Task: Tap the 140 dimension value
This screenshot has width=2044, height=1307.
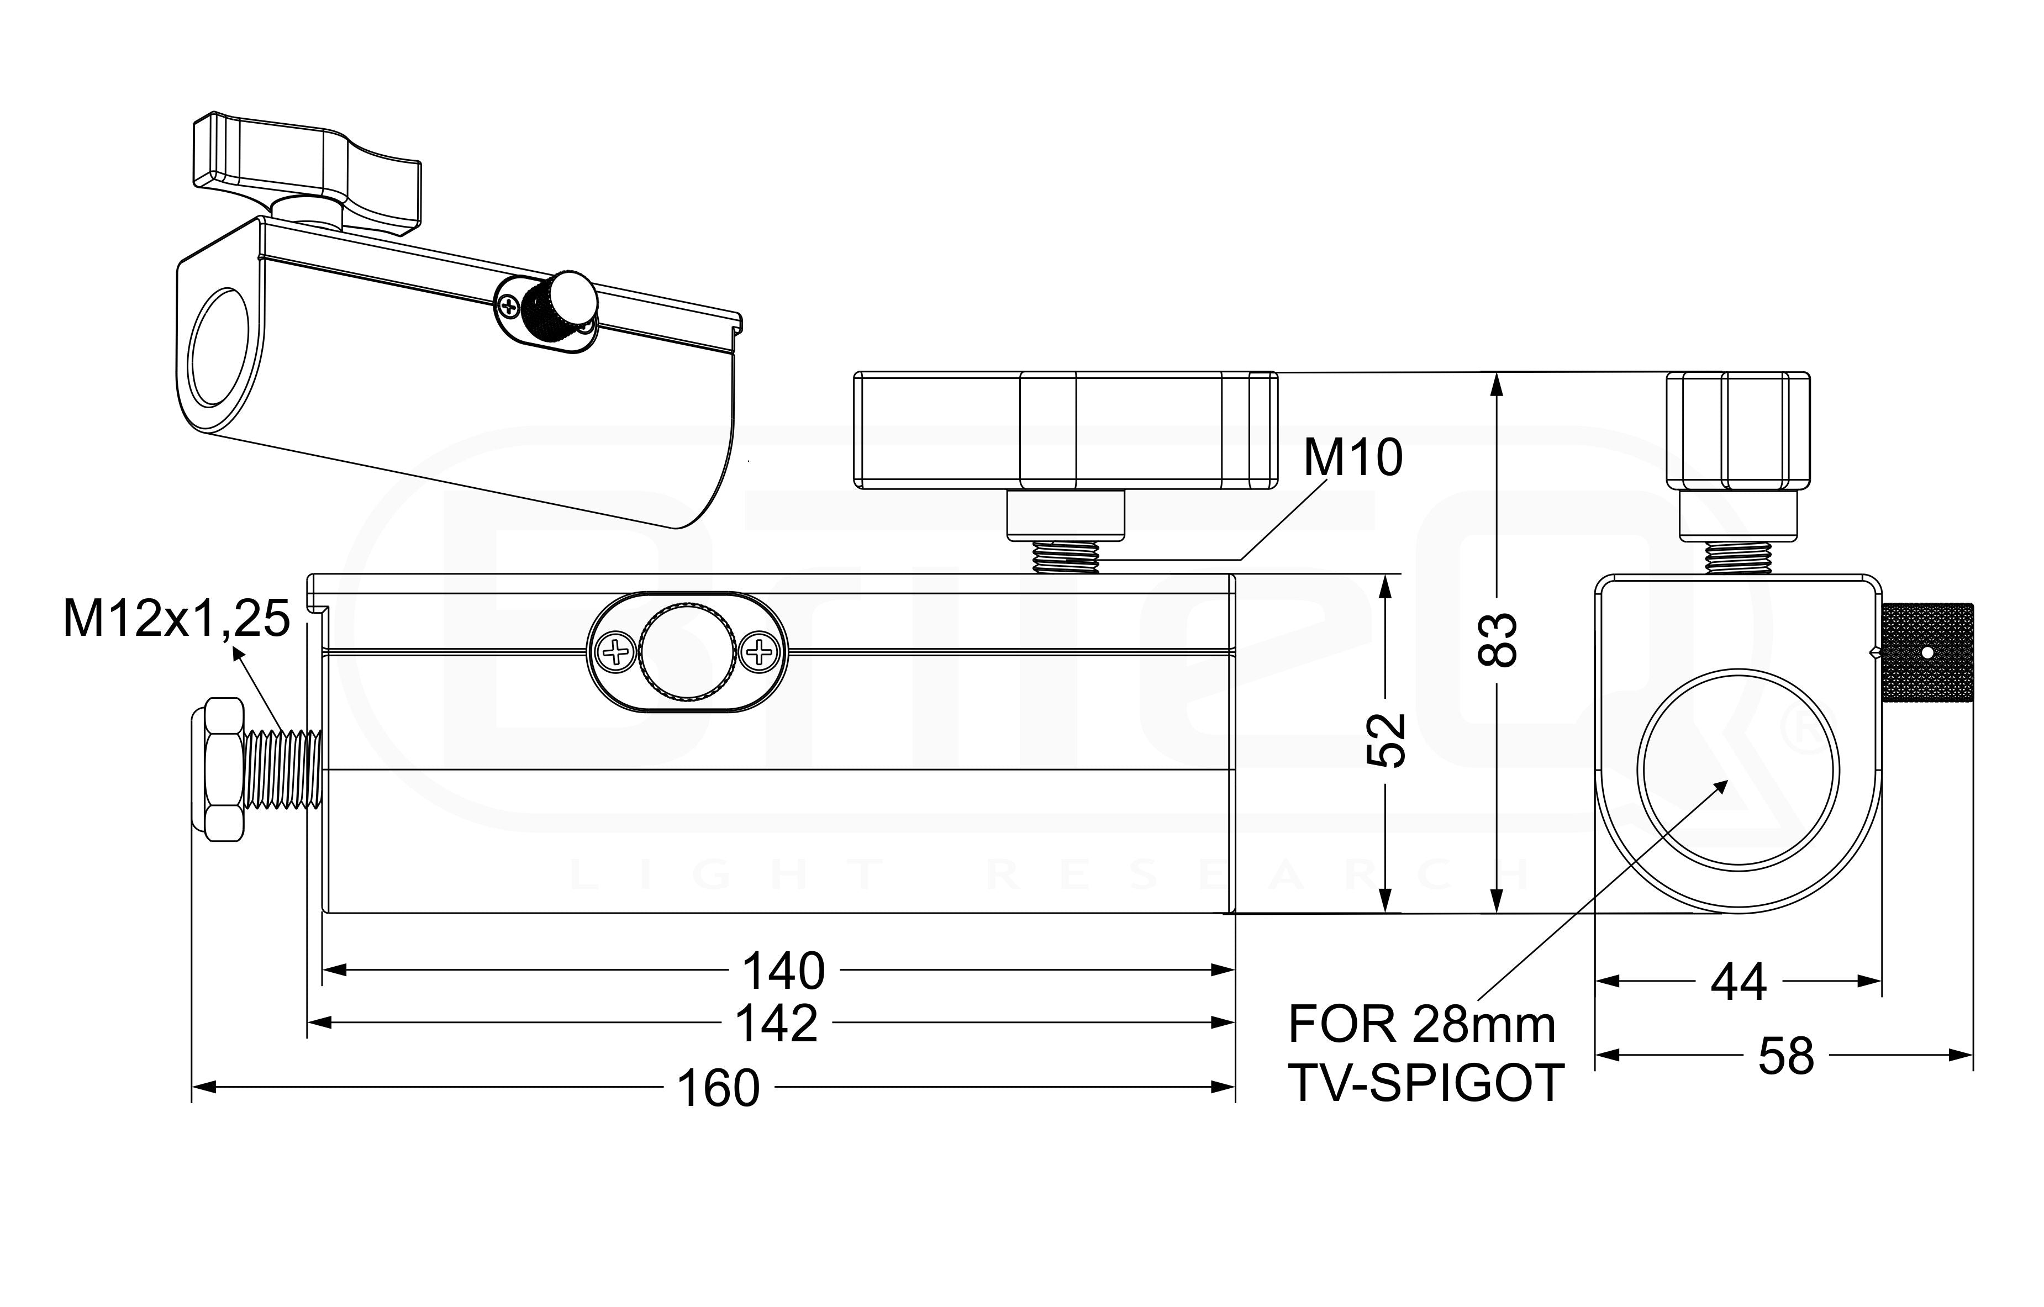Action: pyautogui.click(x=783, y=971)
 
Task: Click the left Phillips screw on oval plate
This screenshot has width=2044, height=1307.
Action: pyautogui.click(x=617, y=652)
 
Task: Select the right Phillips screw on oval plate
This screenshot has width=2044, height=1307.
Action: pyautogui.click(x=758, y=652)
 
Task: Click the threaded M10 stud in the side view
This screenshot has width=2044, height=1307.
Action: pyautogui.click(x=1065, y=557)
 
